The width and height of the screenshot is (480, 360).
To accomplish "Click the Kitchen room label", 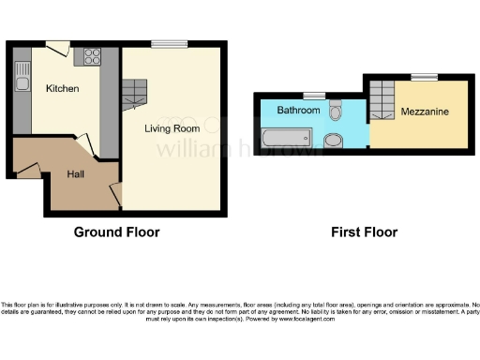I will [x=63, y=89].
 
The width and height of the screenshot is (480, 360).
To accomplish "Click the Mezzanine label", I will [x=423, y=112].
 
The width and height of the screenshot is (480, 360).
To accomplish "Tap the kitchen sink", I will [x=22, y=84].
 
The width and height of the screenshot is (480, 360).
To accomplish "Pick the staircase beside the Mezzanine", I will [x=382, y=98].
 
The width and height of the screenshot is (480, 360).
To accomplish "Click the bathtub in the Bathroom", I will [x=288, y=140].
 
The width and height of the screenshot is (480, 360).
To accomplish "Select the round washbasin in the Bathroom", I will [x=333, y=142].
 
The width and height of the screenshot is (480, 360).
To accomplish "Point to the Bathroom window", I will [x=313, y=96].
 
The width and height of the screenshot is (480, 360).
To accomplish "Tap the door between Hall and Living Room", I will [x=115, y=195].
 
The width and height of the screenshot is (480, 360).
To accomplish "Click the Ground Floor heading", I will [x=116, y=232].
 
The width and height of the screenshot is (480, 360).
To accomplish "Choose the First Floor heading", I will [x=363, y=232].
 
